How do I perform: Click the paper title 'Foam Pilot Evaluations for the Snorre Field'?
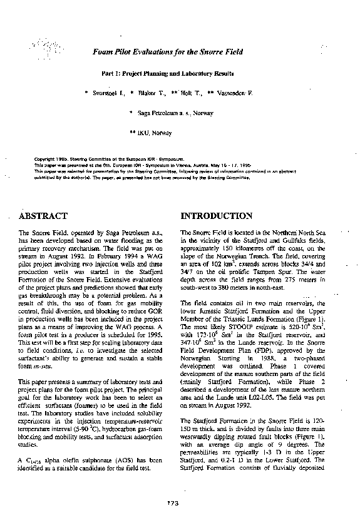(167, 53)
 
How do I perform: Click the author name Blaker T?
(151, 93)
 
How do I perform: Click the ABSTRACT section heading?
(43, 216)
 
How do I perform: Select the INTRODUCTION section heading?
(216, 216)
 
